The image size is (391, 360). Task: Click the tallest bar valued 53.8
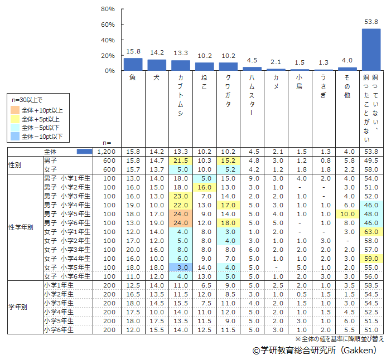pos(371,50)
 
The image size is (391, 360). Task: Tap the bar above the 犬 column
pos(157,65)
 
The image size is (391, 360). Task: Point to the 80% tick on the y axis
pos(108,9)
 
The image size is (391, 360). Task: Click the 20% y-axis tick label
pos(108,56)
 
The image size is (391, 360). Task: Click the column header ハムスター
pos(252,98)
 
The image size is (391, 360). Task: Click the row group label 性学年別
pos(21,227)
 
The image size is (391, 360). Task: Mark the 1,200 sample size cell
pos(105,152)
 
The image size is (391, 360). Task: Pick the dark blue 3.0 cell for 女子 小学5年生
pos(180,267)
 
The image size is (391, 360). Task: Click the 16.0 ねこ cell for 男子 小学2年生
pos(204,187)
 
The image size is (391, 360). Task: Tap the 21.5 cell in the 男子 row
pos(180,160)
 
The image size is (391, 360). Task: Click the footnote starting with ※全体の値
pos(339,338)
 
